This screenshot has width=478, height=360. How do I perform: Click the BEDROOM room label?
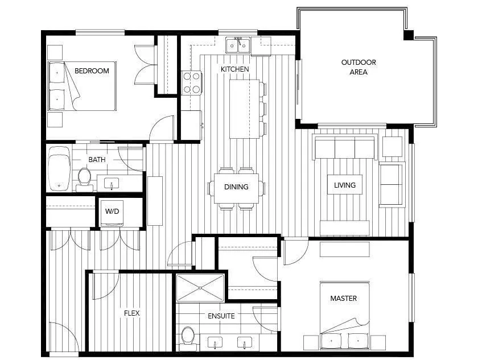click(x=92, y=71)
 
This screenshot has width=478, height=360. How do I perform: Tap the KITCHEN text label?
click(x=234, y=69)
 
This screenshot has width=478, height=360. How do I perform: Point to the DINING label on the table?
click(x=236, y=187)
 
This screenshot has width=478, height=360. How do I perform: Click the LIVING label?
click(x=345, y=185)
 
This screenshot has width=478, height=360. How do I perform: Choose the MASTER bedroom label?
click(x=344, y=299)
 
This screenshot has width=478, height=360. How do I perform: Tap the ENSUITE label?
click(x=221, y=316)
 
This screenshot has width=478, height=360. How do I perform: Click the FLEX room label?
click(x=131, y=313)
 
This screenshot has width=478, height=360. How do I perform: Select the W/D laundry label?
click(x=112, y=212)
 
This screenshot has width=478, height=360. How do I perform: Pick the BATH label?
click(x=97, y=160)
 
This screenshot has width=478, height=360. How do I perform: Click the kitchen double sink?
click(x=238, y=45)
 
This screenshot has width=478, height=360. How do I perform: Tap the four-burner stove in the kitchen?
click(x=191, y=82)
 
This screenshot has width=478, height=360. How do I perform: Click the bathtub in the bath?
click(x=59, y=169)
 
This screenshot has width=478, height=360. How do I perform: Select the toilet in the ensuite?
click(x=188, y=336)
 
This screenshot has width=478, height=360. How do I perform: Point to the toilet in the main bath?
click(x=84, y=176)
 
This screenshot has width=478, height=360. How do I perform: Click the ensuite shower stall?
click(x=200, y=288)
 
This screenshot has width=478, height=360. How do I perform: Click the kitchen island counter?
click(x=245, y=109)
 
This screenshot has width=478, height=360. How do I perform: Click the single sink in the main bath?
click(x=112, y=183)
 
